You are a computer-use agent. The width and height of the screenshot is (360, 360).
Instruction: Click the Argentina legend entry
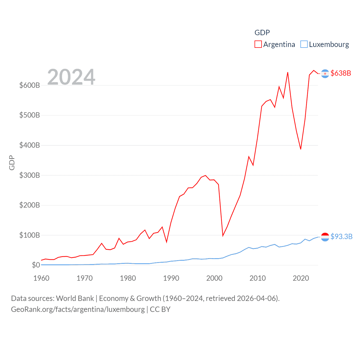coord(275,44)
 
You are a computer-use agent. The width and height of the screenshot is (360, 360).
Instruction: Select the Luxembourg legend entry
coord(325,44)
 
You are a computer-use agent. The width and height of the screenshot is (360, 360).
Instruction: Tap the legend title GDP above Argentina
coord(262,33)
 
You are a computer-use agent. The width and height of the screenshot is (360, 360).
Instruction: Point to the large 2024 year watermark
coord(71,77)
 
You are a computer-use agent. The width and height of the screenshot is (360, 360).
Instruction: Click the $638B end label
coord(341,73)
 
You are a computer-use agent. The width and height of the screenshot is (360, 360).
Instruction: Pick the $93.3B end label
coord(341,237)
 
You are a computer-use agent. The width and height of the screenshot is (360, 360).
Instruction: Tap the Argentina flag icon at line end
coord(325,73)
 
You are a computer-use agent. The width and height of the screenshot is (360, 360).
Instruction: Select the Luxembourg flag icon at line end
coord(325,237)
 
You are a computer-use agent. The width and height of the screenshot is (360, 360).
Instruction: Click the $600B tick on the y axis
coord(30,85)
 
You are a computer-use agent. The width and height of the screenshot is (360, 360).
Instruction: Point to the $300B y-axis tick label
coord(30,175)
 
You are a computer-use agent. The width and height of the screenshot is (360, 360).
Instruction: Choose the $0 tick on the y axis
coord(36,265)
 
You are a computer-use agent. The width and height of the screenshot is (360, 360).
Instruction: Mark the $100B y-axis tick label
coord(30,235)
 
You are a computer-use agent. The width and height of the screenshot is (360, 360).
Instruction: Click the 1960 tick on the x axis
coord(41,278)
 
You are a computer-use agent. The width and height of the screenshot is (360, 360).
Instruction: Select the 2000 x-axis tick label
coord(214,278)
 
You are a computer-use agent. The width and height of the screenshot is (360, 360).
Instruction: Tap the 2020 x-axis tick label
coord(301,278)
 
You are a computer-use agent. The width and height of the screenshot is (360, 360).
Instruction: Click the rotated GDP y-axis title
coord(12,163)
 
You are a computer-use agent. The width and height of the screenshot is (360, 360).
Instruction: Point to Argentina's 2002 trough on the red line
coord(223,235)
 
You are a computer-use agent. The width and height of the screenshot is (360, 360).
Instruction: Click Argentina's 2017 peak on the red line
coord(288,73)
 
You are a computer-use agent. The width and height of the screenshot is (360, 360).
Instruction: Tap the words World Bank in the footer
coord(75,298)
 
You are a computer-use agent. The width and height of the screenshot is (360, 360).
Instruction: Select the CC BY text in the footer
coord(160,309)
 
